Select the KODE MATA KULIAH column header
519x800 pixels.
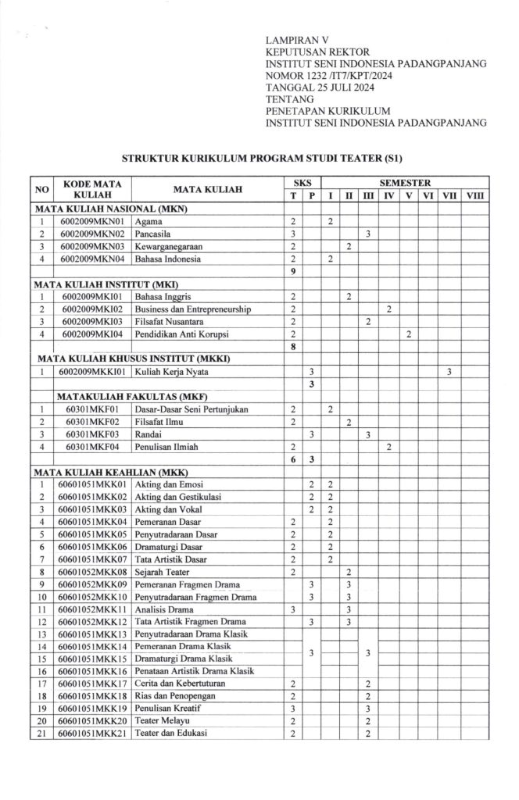92,188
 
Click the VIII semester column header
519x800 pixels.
474,195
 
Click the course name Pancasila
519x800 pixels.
155,234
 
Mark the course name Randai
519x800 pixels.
149,434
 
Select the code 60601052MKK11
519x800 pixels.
93,609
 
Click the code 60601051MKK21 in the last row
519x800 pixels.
93,734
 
